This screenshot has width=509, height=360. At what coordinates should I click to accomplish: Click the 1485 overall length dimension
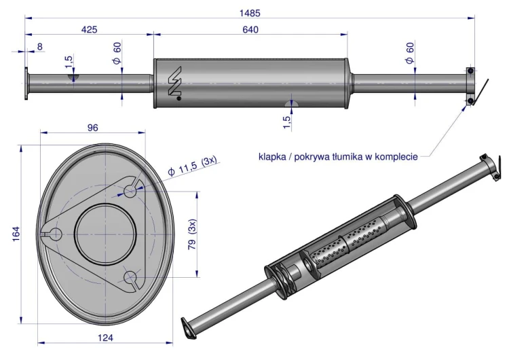coord(250,13)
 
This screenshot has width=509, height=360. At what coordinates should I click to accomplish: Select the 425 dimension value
coord(89,30)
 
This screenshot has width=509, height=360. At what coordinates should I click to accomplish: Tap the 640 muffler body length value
coord(250,30)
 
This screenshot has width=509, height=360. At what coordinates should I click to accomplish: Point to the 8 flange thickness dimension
coord(40,47)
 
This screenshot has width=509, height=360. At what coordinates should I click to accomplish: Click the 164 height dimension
coord(16,234)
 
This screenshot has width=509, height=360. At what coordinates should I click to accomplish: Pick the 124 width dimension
coord(105,338)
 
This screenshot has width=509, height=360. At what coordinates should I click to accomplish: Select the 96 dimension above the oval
coord(92,128)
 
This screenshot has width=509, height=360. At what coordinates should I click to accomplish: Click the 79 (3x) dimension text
coord(192,234)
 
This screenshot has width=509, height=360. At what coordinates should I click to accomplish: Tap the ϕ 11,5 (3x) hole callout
coord(193,166)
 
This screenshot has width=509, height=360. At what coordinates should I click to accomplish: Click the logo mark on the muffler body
coord(174,83)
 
